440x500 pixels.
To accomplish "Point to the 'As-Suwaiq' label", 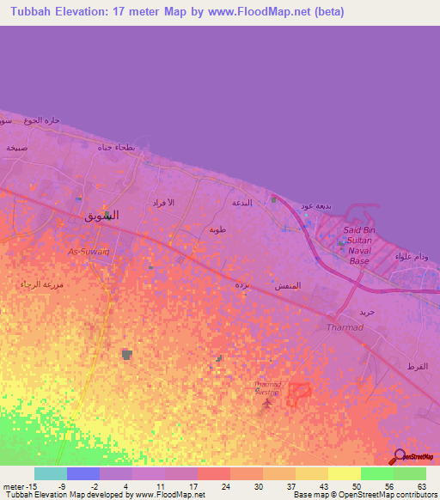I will pos(89,252).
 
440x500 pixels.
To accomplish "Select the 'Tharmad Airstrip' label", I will pos(269,387).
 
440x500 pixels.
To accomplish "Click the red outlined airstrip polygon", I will pos(298,393).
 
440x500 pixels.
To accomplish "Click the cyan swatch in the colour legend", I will pos(51,473).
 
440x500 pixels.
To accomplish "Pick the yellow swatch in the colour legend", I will pos(345,473).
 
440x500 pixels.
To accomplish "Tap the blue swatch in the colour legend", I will pos(83,473).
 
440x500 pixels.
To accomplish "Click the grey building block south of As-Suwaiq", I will pos(127,354).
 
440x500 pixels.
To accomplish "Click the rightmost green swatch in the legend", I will pos(410,473).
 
